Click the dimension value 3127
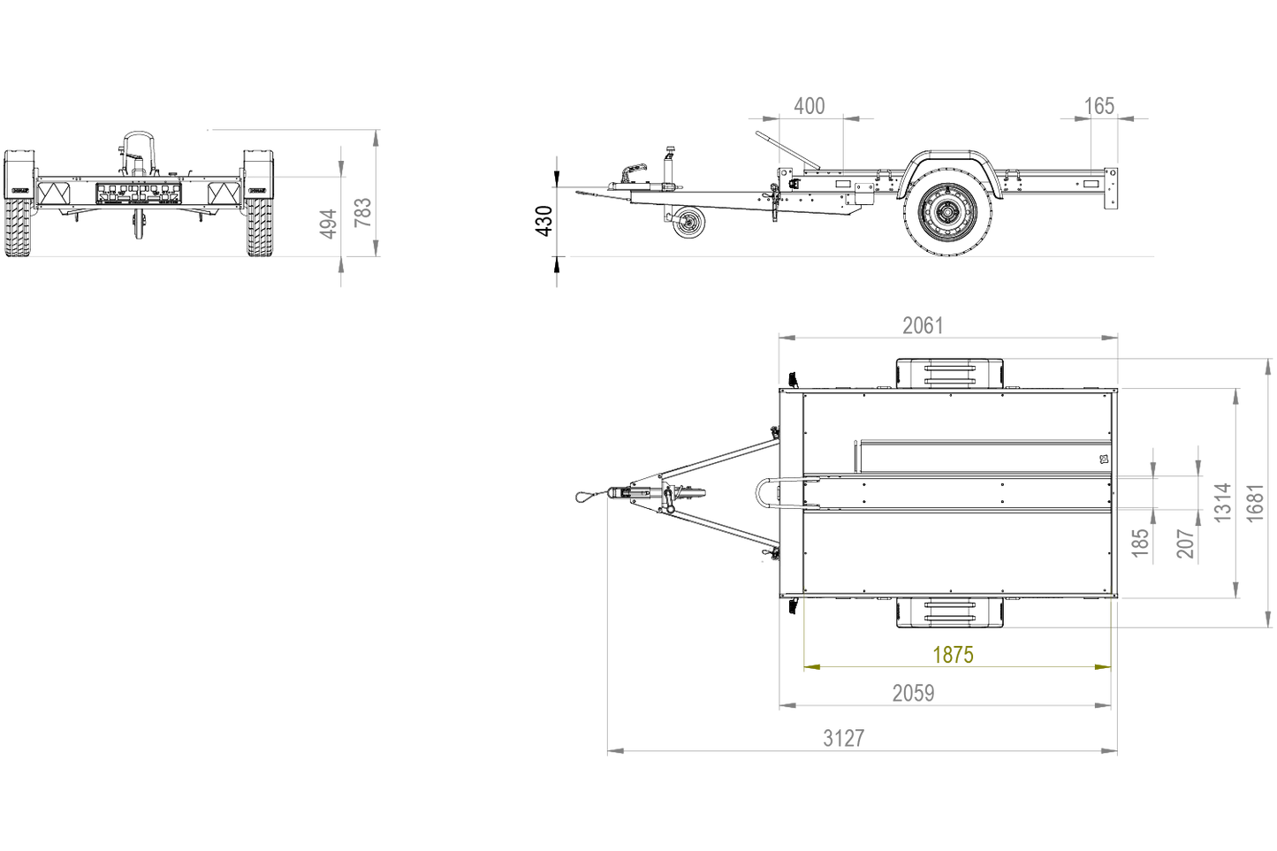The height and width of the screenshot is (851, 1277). click(843, 738)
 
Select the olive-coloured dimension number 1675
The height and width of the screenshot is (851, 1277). click(953, 655)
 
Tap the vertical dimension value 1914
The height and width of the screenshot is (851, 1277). click(1223, 502)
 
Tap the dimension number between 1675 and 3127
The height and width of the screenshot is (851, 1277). click(912, 694)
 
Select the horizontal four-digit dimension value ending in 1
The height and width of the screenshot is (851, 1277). click(923, 326)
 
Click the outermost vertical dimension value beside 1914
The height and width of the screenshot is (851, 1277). click(1256, 502)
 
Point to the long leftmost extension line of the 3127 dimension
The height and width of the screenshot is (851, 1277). click(607, 619)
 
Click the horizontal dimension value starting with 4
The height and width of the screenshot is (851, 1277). click(809, 107)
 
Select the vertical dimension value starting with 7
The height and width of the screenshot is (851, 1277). click(362, 212)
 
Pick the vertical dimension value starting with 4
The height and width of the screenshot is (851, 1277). click(327, 223)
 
